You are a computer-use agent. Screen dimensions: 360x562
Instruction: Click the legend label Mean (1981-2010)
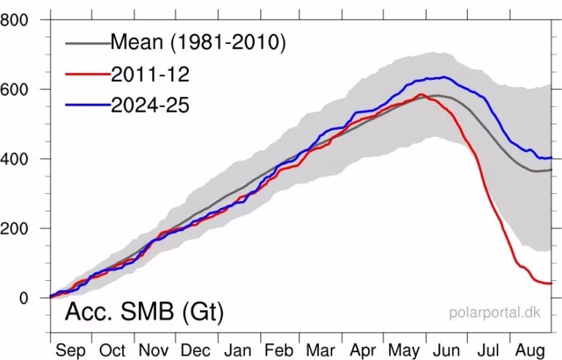[x=198, y=42]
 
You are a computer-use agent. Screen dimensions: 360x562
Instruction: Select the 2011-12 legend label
[x=148, y=73]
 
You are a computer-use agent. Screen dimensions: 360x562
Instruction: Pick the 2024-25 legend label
[x=150, y=105]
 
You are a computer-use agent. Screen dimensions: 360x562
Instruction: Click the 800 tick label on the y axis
[x=15, y=20]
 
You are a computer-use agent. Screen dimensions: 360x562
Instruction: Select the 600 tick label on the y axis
[x=15, y=89]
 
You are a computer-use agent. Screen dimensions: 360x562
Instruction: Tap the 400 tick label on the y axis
[x=15, y=159]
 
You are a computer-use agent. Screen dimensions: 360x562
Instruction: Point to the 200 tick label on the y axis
[x=15, y=228]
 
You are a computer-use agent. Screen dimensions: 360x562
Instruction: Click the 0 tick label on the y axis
[x=23, y=298]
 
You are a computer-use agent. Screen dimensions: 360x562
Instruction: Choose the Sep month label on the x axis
[x=71, y=350]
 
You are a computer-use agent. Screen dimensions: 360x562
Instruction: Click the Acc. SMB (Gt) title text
[x=143, y=312]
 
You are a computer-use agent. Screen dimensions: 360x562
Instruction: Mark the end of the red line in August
[x=550, y=282]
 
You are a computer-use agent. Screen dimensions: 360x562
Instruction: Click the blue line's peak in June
[x=443, y=77]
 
